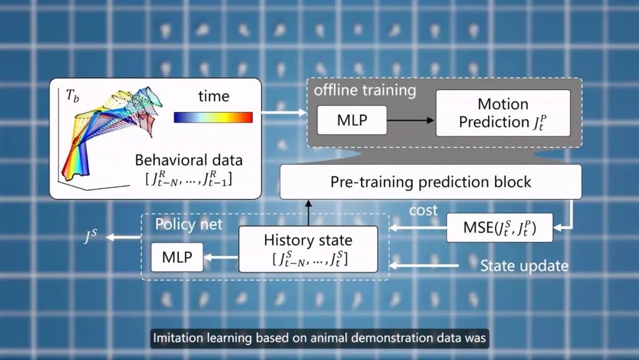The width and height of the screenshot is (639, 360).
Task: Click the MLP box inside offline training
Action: click(x=352, y=120)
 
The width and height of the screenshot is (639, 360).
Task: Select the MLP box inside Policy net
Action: click(x=177, y=257)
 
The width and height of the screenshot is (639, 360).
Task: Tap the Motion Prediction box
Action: click(x=503, y=113)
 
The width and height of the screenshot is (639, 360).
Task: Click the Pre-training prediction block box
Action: click(x=431, y=182)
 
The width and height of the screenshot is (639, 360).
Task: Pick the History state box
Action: click(x=308, y=249)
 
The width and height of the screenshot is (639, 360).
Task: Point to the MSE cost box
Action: click(x=499, y=227)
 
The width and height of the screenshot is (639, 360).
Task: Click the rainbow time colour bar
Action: click(x=213, y=117)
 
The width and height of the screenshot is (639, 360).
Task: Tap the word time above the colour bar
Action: click(x=214, y=97)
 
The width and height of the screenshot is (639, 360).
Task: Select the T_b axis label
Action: click(x=73, y=96)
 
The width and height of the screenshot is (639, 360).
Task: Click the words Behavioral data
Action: click(x=189, y=160)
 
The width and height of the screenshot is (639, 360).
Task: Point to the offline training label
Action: click(x=364, y=90)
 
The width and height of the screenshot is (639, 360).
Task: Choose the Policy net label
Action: click(x=189, y=224)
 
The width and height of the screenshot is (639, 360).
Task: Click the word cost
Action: click(x=424, y=210)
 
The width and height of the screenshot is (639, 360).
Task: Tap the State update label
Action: click(x=524, y=266)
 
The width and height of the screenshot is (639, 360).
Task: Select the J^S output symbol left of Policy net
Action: click(x=91, y=236)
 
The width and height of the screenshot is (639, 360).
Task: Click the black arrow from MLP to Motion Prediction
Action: click(x=411, y=120)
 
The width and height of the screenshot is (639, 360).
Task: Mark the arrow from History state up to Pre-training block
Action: click(x=308, y=213)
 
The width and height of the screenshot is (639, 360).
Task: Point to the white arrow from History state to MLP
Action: click(x=221, y=257)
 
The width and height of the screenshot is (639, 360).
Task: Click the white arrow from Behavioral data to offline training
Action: click(x=284, y=112)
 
